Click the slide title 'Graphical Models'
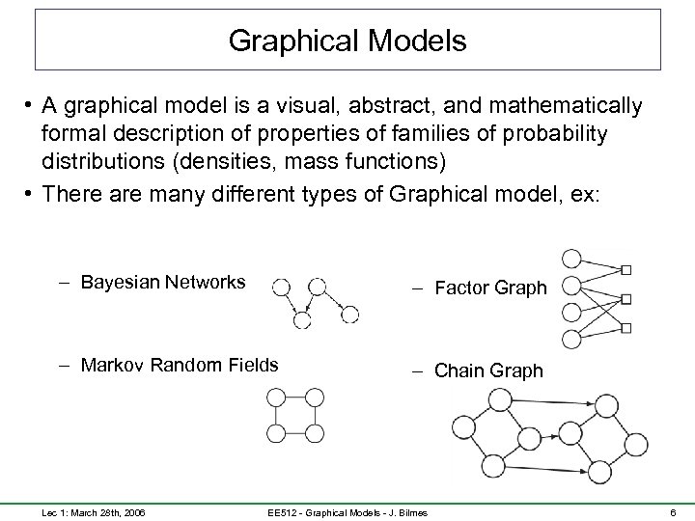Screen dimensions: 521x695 [347, 41]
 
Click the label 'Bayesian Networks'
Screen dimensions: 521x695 [163, 283]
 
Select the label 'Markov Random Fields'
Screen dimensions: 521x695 [180, 365]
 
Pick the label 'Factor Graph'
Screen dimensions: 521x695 [490, 288]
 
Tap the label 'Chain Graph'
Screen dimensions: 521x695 [488, 370]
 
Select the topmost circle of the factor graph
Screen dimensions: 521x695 [571, 260]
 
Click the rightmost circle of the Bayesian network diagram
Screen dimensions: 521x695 [349, 315]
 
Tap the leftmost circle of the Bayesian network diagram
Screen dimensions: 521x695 [280, 287]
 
